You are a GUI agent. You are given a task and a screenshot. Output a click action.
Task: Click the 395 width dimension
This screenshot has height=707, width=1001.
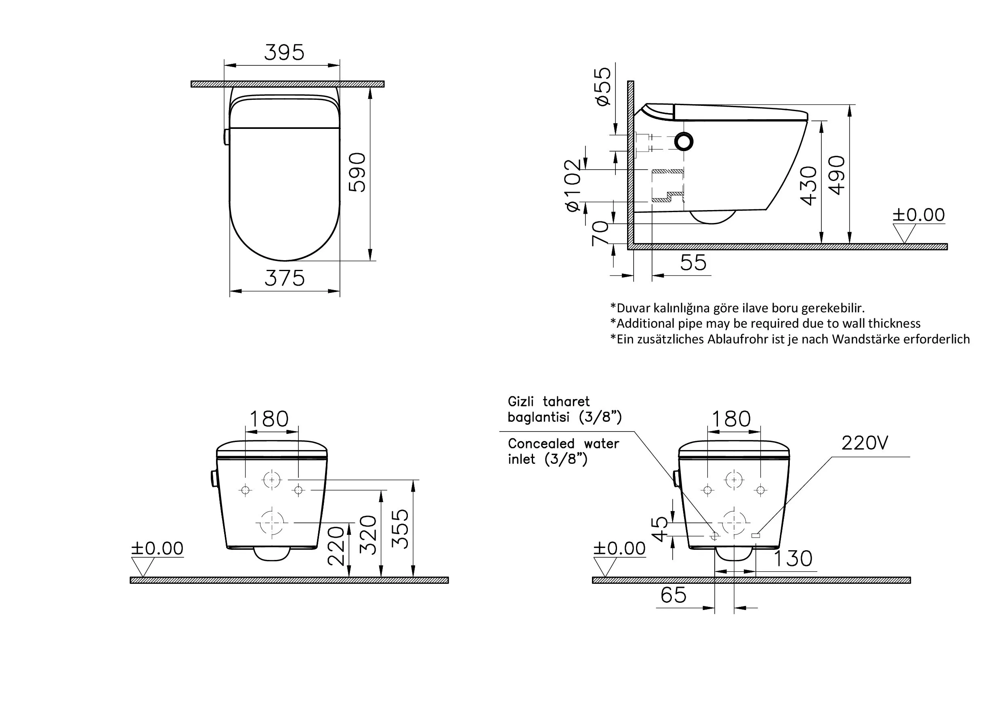click(284, 53)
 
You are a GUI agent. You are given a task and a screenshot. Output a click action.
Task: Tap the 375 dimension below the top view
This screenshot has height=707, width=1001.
click(284, 278)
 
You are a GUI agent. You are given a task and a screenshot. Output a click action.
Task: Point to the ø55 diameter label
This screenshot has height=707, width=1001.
click(602, 86)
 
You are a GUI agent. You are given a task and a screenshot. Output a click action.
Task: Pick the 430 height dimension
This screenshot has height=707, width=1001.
click(809, 185)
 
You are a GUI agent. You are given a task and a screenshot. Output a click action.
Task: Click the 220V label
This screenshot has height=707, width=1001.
click(865, 443)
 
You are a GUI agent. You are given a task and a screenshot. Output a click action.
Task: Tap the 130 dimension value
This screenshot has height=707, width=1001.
click(793, 559)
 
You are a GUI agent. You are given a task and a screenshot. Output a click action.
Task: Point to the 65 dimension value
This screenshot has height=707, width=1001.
click(673, 595)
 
